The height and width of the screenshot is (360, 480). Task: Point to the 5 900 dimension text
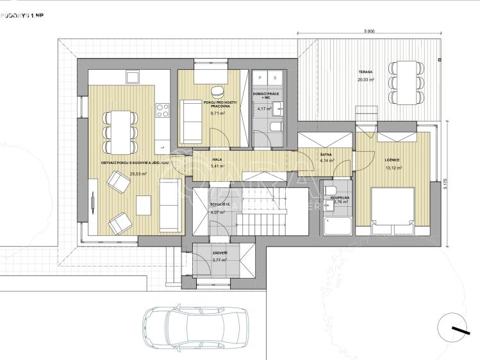click(368, 31)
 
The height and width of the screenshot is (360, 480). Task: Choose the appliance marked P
click(261, 78)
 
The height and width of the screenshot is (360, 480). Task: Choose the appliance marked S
click(275, 78)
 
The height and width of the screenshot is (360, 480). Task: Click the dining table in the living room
click(120, 131)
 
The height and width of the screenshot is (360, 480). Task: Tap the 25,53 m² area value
click(138, 174)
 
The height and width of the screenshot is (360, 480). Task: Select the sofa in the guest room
click(191, 122)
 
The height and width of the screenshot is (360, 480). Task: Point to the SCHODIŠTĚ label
click(220, 204)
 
